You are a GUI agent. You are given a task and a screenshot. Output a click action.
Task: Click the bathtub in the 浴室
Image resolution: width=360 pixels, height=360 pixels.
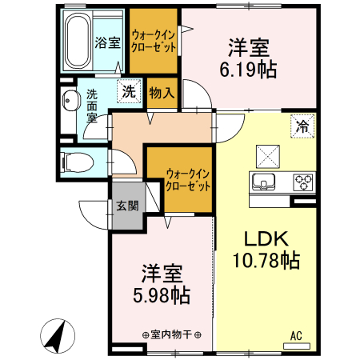[77, 41]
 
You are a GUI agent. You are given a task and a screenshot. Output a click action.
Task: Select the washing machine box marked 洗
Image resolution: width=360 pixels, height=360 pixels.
[128, 91]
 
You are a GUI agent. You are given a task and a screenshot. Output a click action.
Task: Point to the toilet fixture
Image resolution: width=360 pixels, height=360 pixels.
[76, 161]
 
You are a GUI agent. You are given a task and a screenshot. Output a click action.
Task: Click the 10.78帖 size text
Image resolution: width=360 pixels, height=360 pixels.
[260, 260]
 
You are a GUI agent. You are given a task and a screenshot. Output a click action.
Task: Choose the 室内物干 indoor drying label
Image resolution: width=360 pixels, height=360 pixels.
[170, 334]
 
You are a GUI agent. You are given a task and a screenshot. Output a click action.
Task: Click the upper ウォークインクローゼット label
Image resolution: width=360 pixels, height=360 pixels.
[154, 40]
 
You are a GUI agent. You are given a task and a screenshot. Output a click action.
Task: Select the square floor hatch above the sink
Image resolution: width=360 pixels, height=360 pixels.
[266, 154]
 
